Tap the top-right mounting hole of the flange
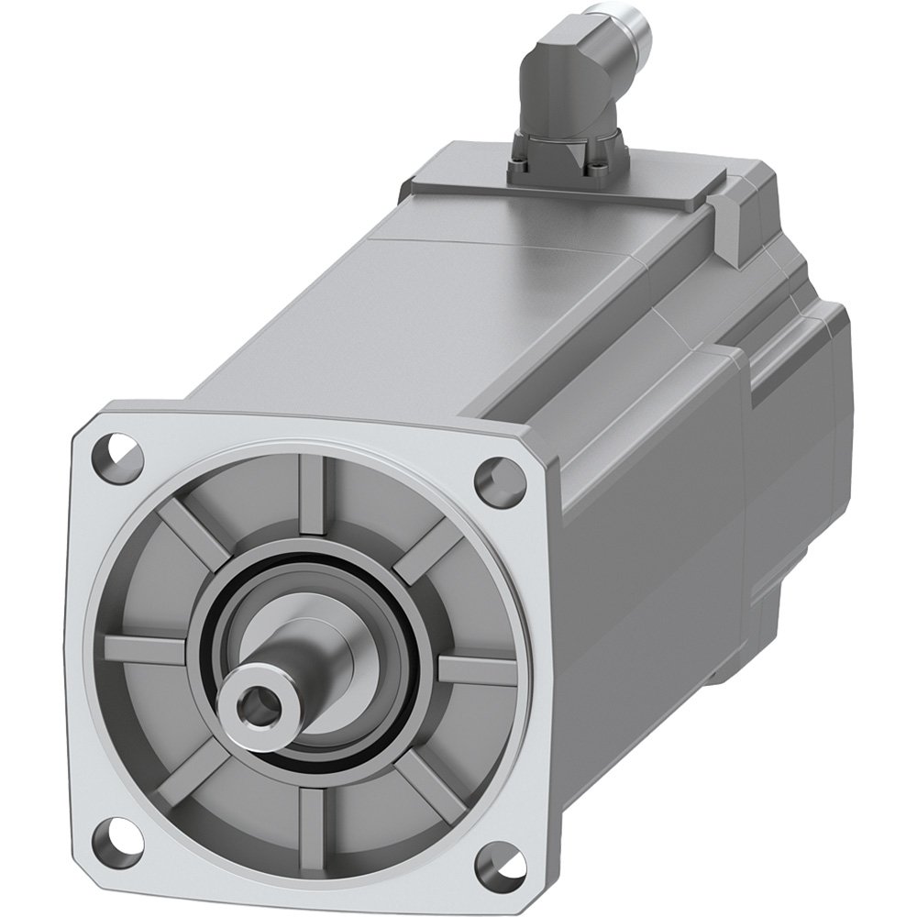[x=492, y=475]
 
